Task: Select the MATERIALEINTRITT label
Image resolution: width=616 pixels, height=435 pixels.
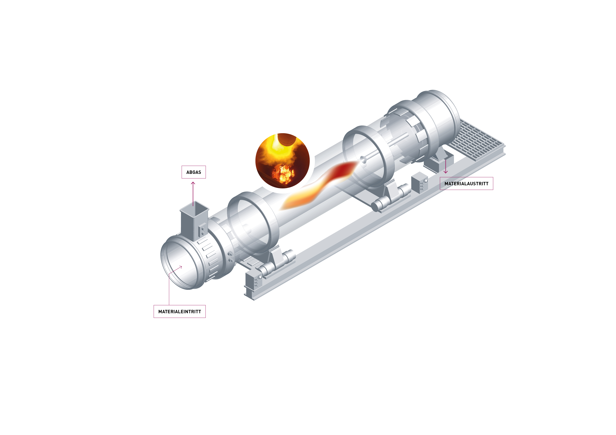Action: point(180,311)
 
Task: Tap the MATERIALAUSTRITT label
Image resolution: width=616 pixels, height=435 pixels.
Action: point(466,184)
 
